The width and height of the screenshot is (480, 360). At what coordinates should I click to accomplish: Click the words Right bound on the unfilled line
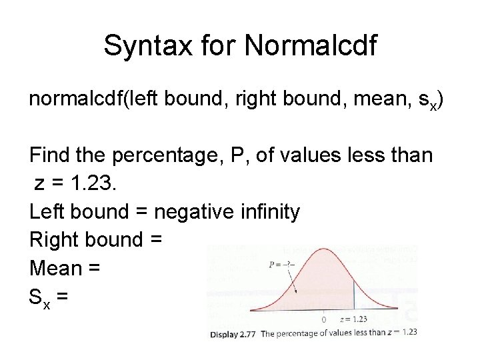pos(83,240)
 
